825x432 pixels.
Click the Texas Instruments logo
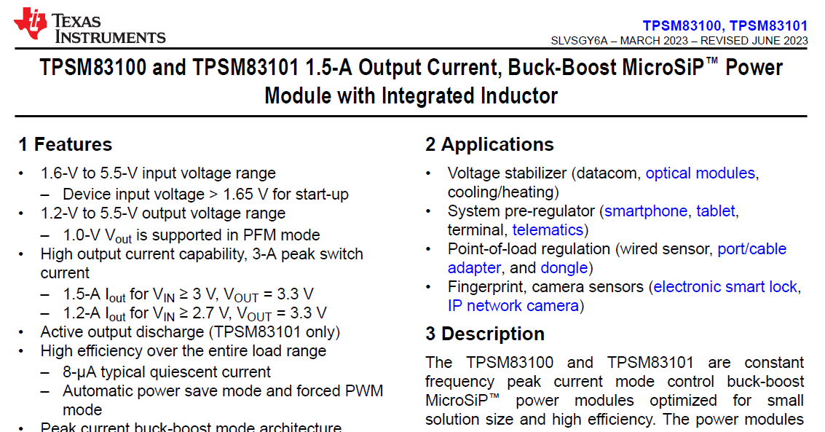pos(90,26)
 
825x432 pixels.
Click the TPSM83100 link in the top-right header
pos(682,25)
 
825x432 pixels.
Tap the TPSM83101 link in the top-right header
pos(768,25)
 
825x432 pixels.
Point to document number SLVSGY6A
pos(580,41)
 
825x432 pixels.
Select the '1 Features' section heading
pos(66,144)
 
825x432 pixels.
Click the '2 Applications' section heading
pos(489,144)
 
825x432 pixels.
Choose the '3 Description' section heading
pos(484,334)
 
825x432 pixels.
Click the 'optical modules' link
pos(700,173)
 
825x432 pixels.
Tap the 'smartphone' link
pos(646,211)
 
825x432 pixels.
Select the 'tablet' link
pos(716,211)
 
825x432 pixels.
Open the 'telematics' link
pos(548,230)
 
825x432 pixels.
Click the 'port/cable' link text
pos(752,249)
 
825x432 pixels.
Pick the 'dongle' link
pos(564,268)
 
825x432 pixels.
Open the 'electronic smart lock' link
pos(725,287)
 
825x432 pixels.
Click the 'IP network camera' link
pos(513,306)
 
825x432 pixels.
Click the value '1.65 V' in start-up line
pos(245,195)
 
